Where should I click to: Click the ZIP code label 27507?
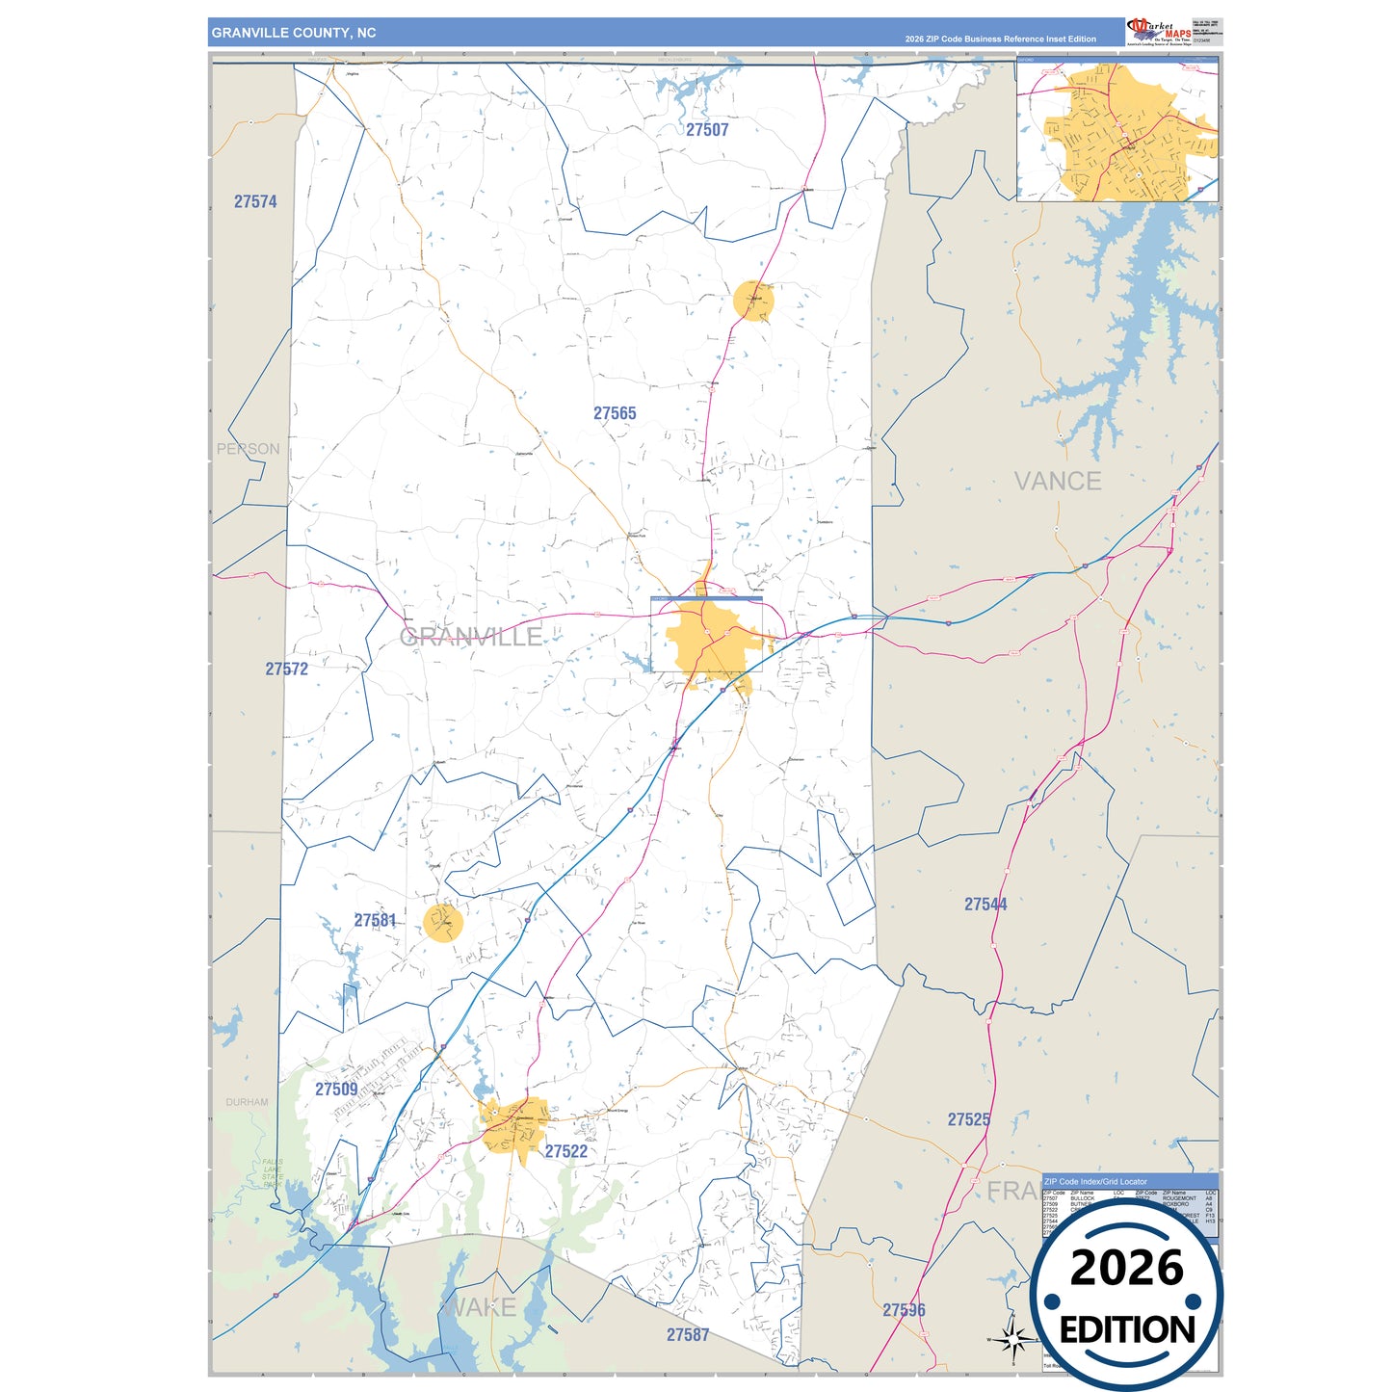click(x=707, y=130)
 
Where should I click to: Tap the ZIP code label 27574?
click(x=255, y=202)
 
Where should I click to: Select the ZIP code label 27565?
click(x=615, y=414)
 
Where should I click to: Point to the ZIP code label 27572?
click(x=287, y=670)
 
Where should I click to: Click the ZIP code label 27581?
click(x=375, y=921)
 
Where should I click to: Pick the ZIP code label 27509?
click(x=336, y=1090)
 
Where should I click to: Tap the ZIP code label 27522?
click(x=566, y=1152)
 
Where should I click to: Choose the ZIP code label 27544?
click(x=985, y=905)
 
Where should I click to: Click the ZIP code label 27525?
click(x=968, y=1120)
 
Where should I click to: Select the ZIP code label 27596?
click(x=904, y=1310)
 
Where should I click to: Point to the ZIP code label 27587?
click(x=688, y=1335)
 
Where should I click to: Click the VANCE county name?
click(x=1058, y=482)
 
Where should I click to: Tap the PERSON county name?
click(x=249, y=449)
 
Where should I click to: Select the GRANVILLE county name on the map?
click(x=471, y=637)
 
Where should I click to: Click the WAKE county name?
click(x=480, y=1308)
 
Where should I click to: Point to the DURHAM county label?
click(x=248, y=1102)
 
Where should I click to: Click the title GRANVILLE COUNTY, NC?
click(x=294, y=33)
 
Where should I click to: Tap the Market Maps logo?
click(x=1159, y=31)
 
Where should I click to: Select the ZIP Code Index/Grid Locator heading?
click(x=1095, y=1181)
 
